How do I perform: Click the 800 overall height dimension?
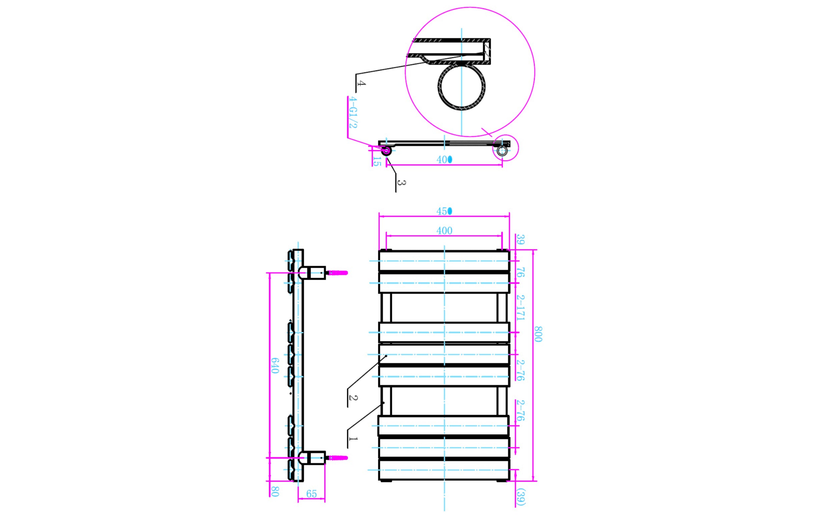point(538,334)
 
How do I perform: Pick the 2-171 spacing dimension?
point(520,308)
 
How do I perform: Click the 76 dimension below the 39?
point(520,273)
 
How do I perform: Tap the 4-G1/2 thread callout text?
point(353,113)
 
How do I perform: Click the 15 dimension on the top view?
point(376,161)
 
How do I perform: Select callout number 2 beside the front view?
point(353,398)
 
